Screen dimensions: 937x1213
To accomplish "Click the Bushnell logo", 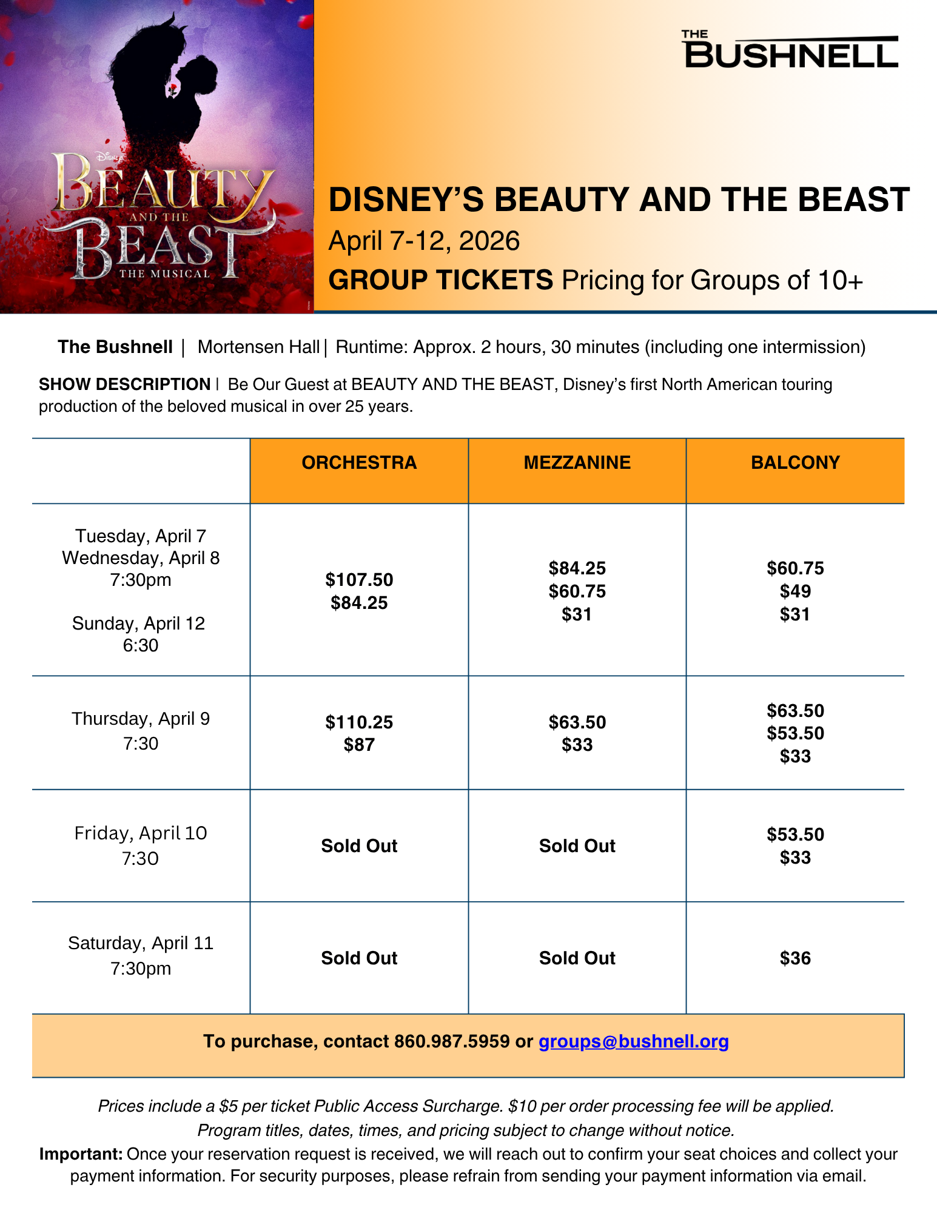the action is click(791, 49).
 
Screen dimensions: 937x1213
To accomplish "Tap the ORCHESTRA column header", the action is click(359, 463).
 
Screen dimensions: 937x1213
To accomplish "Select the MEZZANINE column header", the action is click(577, 463).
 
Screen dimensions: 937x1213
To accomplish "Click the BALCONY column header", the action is click(795, 463).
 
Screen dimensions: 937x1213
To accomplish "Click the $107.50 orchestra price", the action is click(359, 580).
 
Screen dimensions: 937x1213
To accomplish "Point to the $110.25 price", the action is click(359, 722).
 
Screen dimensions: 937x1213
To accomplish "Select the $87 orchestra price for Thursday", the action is click(359, 745).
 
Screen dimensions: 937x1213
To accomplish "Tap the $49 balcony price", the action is click(795, 591).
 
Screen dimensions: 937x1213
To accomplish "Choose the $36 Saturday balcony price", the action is click(795, 958).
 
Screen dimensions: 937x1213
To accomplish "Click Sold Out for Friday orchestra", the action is click(359, 846).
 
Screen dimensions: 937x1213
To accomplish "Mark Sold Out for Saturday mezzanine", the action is click(577, 958).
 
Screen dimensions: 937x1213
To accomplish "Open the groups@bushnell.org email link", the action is click(634, 1041).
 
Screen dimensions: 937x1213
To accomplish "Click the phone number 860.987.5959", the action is click(452, 1041).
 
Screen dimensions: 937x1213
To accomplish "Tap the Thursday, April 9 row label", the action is click(141, 719).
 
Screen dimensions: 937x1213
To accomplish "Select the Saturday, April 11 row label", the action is click(141, 943).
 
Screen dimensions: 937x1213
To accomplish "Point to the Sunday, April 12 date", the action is click(139, 623).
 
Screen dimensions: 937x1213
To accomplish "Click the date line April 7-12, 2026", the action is click(424, 241).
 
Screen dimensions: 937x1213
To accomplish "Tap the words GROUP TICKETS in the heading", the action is click(441, 280).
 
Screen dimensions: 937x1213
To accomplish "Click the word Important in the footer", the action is click(81, 1154).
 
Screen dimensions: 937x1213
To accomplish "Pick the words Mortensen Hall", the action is click(259, 347).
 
